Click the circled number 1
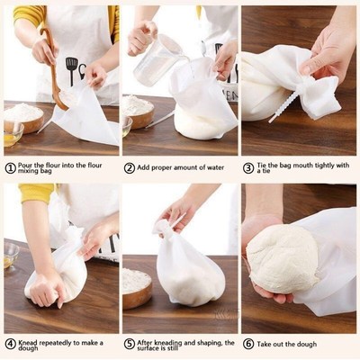10,167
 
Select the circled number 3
248,167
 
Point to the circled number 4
10,343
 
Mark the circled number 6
248,343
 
